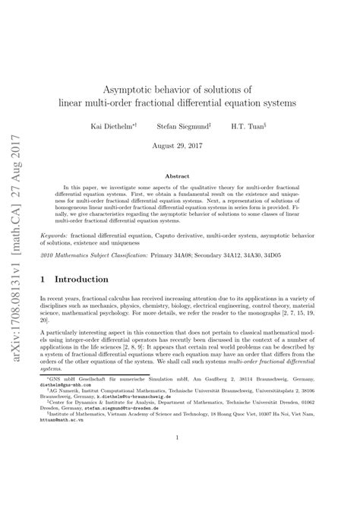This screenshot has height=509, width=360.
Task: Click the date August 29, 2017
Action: [179, 144]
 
